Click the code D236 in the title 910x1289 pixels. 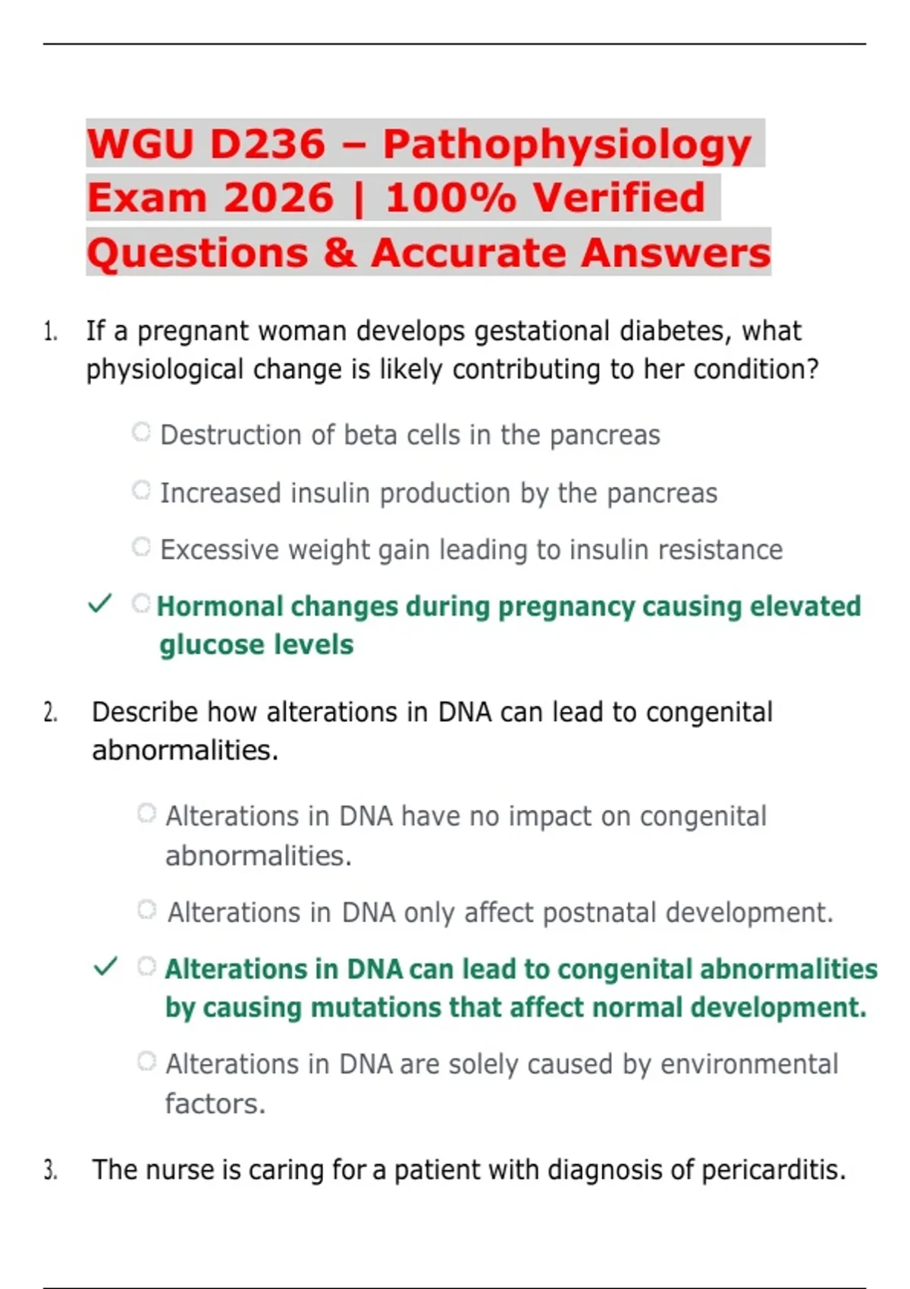(x=266, y=143)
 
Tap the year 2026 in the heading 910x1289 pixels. (x=278, y=197)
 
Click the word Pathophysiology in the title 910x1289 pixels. (x=567, y=145)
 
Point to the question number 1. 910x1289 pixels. (x=50, y=333)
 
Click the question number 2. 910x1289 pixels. (x=50, y=713)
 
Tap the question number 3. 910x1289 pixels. (x=50, y=1169)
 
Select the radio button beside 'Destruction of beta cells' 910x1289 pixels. (x=141, y=431)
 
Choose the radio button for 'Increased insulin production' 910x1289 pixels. (x=141, y=490)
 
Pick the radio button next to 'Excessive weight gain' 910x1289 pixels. (x=141, y=546)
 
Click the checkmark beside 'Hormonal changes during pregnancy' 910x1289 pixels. (x=99, y=604)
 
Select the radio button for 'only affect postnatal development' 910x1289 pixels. (x=147, y=909)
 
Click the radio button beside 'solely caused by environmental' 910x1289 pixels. (x=147, y=1061)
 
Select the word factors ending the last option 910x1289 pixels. (x=215, y=1104)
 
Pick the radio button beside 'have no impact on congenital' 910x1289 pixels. (x=147, y=813)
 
